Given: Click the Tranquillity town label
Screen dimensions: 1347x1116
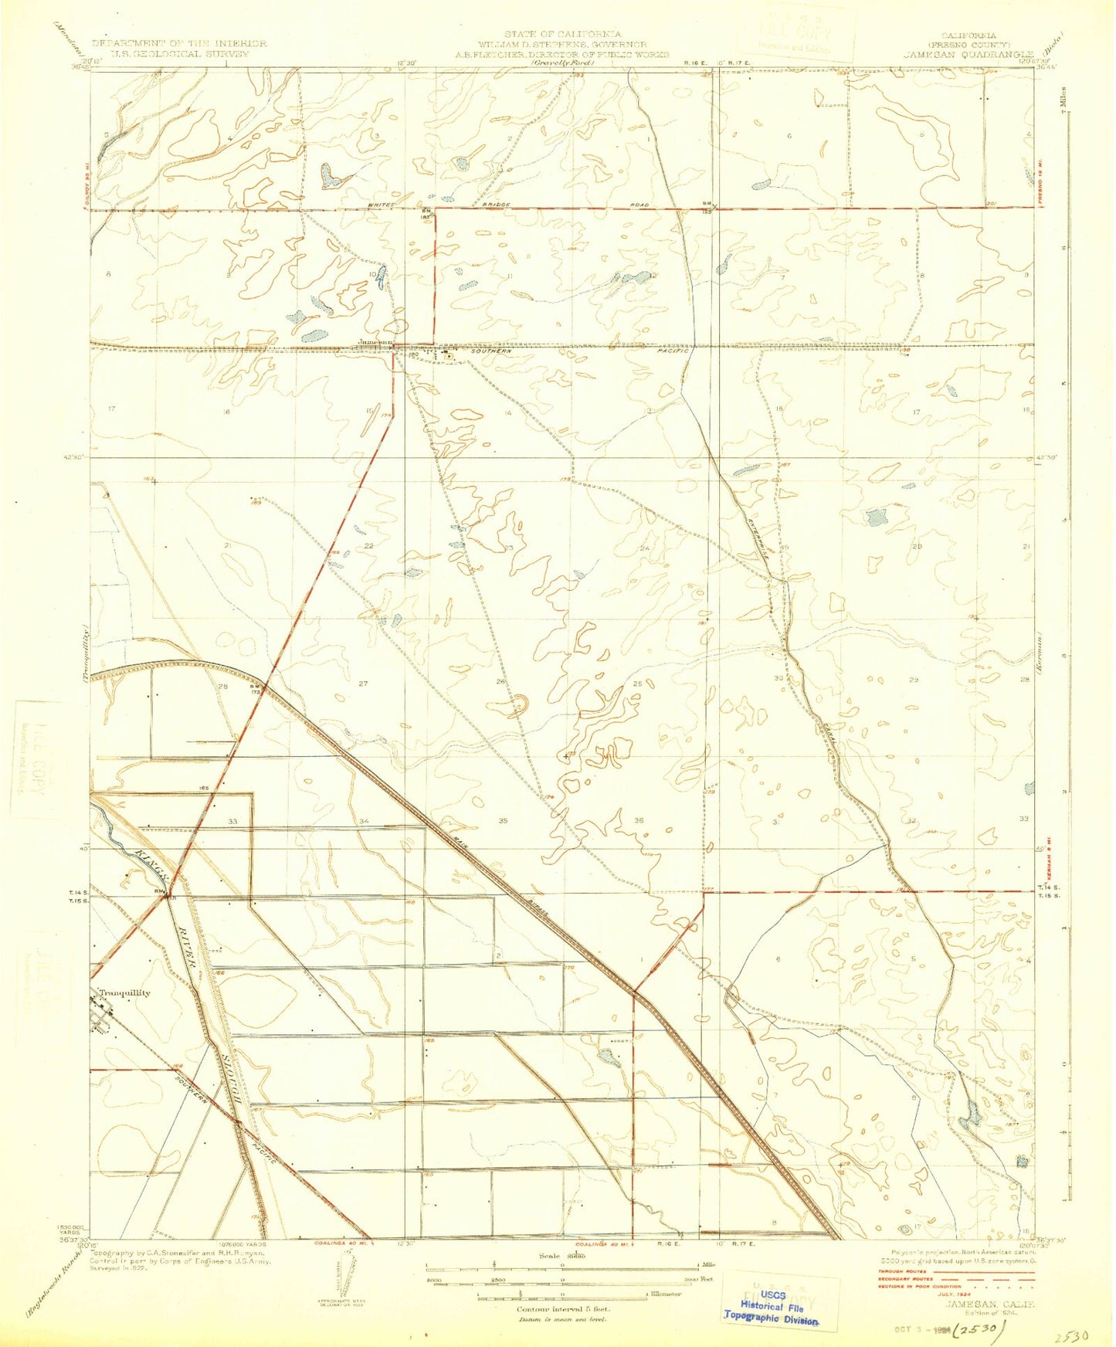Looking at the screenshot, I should pyautogui.click(x=124, y=993).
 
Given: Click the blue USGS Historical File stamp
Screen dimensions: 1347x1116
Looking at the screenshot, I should pyautogui.click(x=770, y=1308).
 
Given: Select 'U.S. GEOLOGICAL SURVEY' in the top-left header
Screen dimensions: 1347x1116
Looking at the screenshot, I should pyautogui.click(x=180, y=53).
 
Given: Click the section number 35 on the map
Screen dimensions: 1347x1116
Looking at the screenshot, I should pyautogui.click(x=503, y=820).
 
